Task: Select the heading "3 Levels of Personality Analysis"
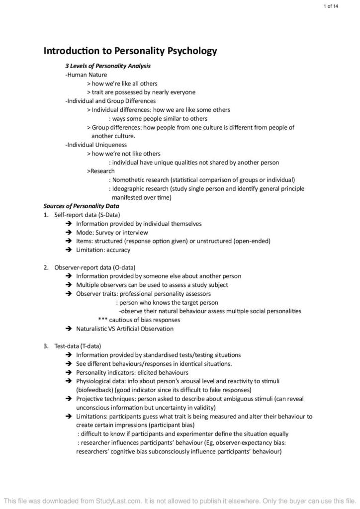click(x=108, y=66)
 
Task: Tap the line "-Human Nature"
click(x=83, y=75)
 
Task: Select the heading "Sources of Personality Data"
click(x=81, y=206)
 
